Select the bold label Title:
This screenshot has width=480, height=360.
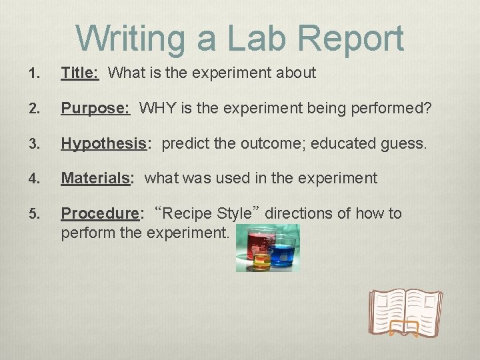(80, 73)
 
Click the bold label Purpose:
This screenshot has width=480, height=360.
(95, 109)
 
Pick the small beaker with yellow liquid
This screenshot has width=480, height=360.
(261, 261)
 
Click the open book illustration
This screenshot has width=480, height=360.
(405, 311)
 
